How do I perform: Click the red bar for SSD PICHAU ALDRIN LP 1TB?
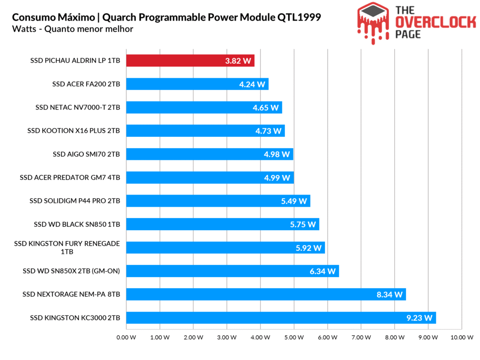(190, 60)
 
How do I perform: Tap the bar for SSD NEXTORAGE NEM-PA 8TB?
(265, 294)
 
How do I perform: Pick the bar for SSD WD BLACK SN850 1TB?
(222, 224)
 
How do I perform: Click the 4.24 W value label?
(252, 84)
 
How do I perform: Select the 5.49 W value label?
(294, 201)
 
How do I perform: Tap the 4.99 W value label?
(277, 178)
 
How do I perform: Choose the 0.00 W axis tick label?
(126, 337)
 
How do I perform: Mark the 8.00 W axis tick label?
(394, 337)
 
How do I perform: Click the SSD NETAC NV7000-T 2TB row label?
(77, 107)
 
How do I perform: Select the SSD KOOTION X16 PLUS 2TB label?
(74, 131)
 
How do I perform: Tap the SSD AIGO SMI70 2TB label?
(86, 154)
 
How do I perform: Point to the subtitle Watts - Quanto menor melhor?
(73, 29)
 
